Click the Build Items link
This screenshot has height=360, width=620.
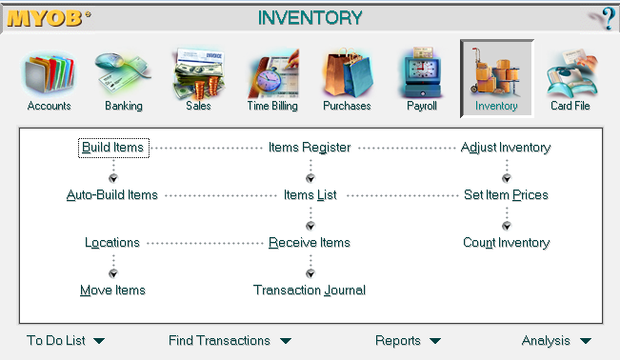pyautogui.click(x=112, y=148)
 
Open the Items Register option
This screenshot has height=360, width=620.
pyautogui.click(x=310, y=148)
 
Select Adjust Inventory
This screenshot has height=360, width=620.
pyautogui.click(x=506, y=148)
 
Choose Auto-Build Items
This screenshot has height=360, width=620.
pyautogui.click(x=112, y=195)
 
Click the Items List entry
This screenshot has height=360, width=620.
pyautogui.click(x=310, y=195)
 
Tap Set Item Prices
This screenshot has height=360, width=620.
pyautogui.click(x=506, y=195)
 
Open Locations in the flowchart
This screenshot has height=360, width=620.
pyautogui.click(x=112, y=243)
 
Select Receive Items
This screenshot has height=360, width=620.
pyautogui.click(x=310, y=243)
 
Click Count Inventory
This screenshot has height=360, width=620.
pyautogui.click(x=506, y=243)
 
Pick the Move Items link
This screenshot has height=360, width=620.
pyautogui.click(x=112, y=290)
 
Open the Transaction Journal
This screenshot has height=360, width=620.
pyautogui.click(x=310, y=290)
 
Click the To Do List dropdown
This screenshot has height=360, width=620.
pyautogui.click(x=66, y=340)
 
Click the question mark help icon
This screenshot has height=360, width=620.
pyautogui.click(x=603, y=18)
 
